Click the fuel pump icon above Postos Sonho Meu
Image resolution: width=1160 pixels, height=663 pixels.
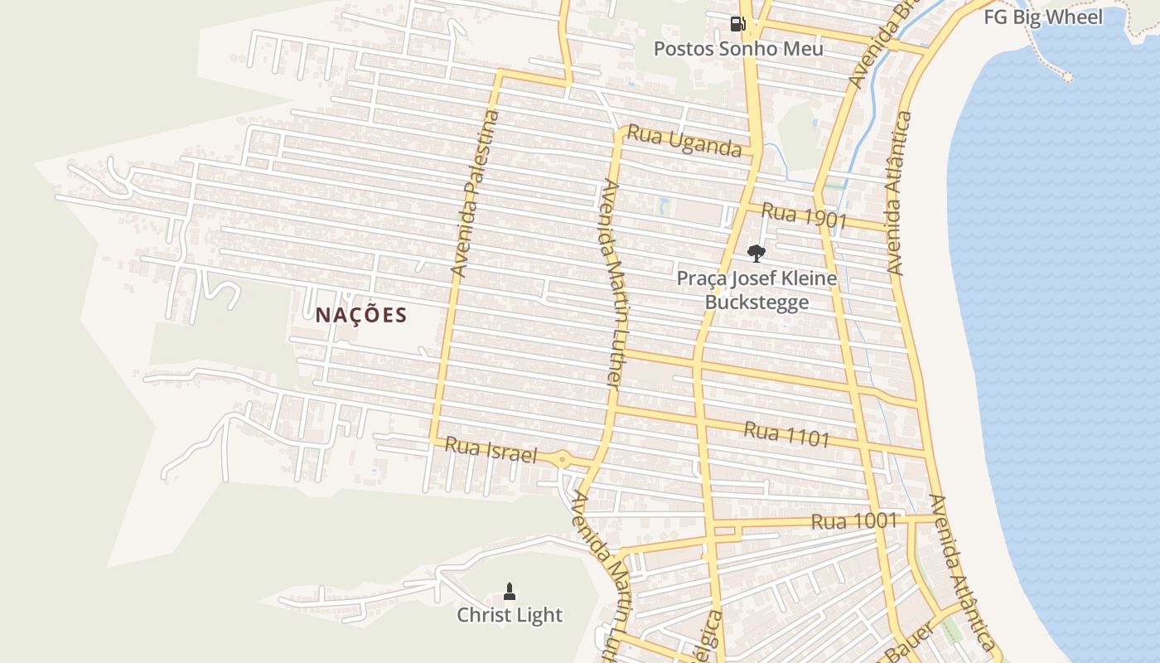[x=737, y=23]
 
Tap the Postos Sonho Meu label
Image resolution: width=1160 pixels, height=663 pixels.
[x=738, y=49]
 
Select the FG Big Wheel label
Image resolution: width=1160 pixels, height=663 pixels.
[x=1042, y=17]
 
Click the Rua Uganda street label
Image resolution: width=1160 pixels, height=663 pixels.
[x=684, y=141]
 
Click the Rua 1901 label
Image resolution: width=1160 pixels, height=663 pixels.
[x=804, y=215]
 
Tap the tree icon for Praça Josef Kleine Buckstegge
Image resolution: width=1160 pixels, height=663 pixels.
[x=756, y=253]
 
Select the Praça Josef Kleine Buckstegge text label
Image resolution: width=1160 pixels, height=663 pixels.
[x=756, y=290]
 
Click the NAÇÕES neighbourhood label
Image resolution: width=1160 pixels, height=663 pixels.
[x=361, y=315]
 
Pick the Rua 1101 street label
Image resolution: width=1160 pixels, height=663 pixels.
[x=786, y=434]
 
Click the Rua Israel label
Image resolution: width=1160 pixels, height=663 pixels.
[x=491, y=450]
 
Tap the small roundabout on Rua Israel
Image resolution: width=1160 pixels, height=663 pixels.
[x=562, y=458]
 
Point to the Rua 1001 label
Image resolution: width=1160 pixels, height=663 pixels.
[x=854, y=521]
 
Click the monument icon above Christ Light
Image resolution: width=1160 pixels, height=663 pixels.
[x=510, y=591]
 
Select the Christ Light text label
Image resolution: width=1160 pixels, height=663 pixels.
[x=510, y=615]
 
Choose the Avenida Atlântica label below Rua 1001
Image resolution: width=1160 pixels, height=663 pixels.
[x=961, y=572]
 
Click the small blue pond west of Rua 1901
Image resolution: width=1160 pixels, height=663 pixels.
[x=664, y=205]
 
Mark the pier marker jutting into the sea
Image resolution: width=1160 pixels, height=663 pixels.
[x=1067, y=77]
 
